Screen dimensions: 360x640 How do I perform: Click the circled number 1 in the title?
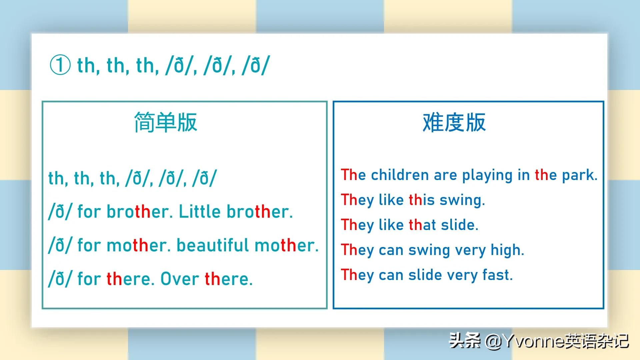[60, 65]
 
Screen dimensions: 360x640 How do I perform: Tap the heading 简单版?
[166, 122]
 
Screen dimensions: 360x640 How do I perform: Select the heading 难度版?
[454, 122]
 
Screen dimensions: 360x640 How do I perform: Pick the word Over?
[180, 279]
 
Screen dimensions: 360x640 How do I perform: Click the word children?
[400, 175]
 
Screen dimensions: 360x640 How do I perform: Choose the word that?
[422, 225]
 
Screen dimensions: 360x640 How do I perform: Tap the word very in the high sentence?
[470, 250]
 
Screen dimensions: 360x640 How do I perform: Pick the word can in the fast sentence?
[391, 275]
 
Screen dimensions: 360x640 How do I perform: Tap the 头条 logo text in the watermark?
[465, 341]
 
